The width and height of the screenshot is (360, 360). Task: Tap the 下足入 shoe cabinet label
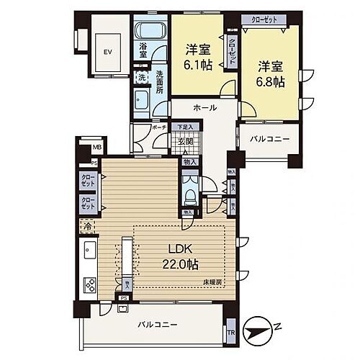coord(186,127)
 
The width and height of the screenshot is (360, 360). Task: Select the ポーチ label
coord(160,127)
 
